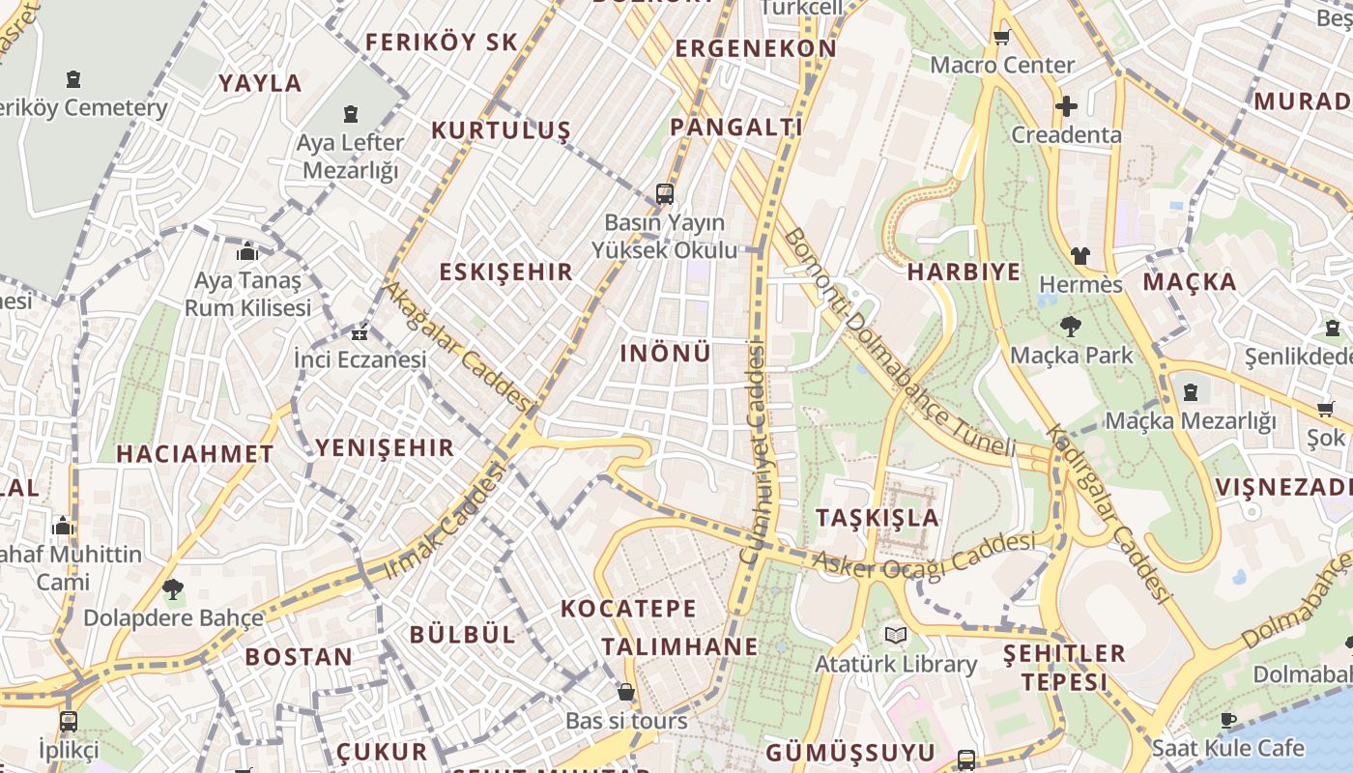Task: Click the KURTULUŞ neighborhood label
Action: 501,130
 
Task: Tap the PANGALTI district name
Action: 736,127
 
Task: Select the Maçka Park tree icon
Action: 1070,327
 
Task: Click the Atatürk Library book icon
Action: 896,635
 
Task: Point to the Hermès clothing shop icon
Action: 1080,256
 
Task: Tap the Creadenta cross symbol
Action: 1066,106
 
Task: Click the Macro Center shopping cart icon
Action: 1001,38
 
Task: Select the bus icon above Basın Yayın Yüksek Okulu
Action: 664,193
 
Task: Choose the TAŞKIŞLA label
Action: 878,517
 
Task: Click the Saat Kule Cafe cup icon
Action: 1227,720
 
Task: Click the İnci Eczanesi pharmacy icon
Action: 360,333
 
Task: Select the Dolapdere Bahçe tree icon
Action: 173,587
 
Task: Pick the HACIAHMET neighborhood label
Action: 195,453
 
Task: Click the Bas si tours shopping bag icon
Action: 626,692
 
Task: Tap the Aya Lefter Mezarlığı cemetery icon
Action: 350,114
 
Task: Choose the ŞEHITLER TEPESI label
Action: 1064,667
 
